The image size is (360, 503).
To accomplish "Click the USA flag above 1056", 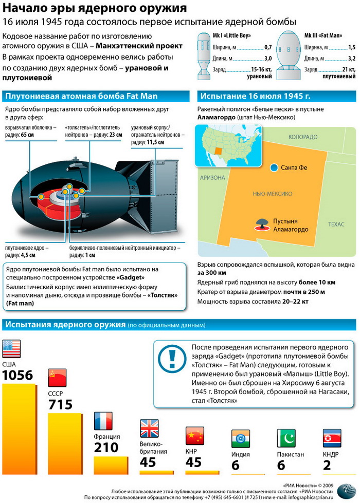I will (11, 349).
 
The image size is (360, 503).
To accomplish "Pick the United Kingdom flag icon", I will (149, 428).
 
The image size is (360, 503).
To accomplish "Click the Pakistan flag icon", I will (286, 437).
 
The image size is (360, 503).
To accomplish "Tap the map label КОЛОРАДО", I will (303, 137).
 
